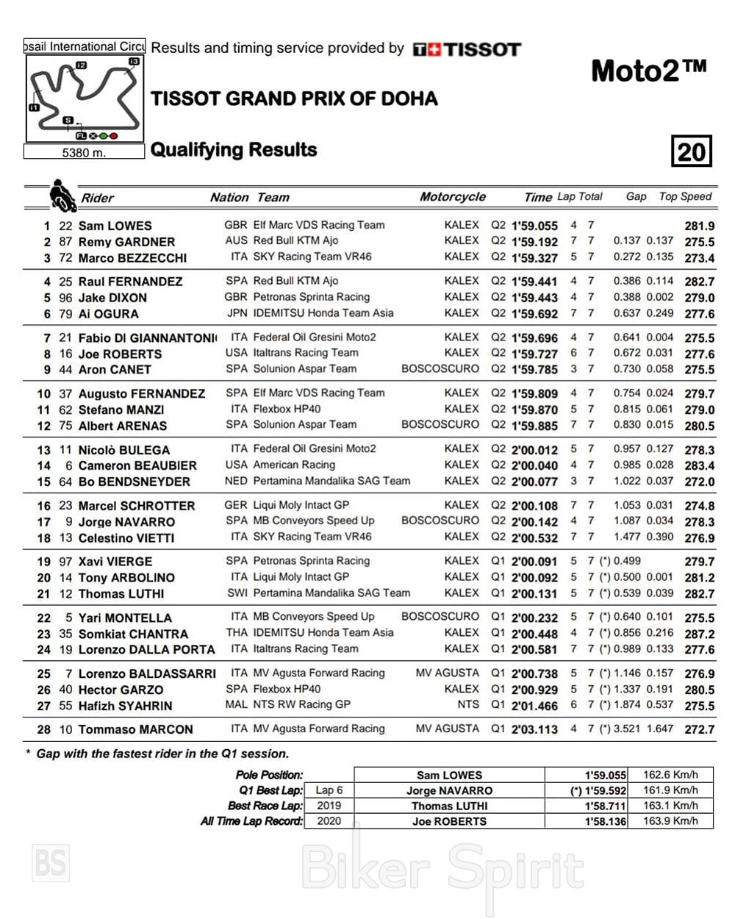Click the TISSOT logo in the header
click(467, 49)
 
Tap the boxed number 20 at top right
click(691, 151)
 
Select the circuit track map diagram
click(85, 99)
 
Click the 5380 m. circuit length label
click(84, 153)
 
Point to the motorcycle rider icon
click(62, 196)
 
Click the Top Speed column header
click(685, 196)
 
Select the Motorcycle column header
click(452, 196)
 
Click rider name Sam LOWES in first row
click(115, 226)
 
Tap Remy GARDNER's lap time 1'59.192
click(534, 242)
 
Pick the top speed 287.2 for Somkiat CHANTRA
click(699, 634)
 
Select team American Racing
click(294, 465)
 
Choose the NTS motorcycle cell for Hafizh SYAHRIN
click(467, 704)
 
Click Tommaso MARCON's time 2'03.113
click(534, 730)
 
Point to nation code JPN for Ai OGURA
click(237, 313)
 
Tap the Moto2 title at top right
click(648, 71)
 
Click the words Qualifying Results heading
click(234, 150)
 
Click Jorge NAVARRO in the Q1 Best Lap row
click(449, 790)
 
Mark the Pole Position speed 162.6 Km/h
click(670, 775)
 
